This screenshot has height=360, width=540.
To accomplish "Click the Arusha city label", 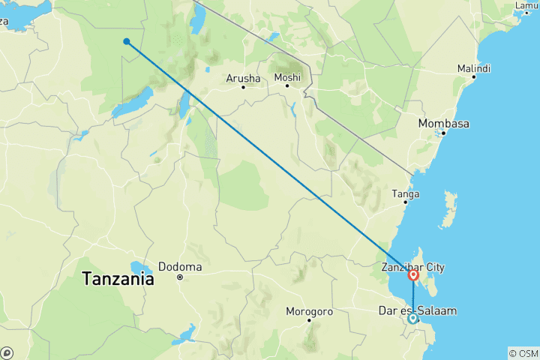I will [x=243, y=78].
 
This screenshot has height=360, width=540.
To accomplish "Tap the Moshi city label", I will [x=287, y=77].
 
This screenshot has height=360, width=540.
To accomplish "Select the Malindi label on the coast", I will [x=475, y=68].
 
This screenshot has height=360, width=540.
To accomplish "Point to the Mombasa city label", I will [x=444, y=123].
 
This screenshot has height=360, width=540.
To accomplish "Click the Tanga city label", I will [x=406, y=193].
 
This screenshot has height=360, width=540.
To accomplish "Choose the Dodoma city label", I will [x=180, y=266].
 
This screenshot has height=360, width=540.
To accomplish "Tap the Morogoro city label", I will [x=309, y=311].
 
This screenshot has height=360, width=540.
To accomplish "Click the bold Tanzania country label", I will [x=118, y=279].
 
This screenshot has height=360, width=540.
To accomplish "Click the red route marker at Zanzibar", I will [x=413, y=275].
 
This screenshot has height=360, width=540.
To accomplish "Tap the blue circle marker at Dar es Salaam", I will [x=412, y=319].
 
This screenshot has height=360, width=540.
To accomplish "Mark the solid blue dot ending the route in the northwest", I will [x=127, y=42].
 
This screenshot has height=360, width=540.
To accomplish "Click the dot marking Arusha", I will [x=244, y=88].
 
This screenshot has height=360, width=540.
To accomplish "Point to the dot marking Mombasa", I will [x=444, y=133].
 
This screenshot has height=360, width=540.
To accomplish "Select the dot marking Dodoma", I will [x=180, y=277].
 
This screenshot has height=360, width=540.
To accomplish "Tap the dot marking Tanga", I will [x=406, y=202].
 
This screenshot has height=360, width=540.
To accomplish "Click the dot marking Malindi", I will [x=474, y=77].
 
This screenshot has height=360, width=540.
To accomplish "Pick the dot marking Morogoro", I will [x=309, y=320].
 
